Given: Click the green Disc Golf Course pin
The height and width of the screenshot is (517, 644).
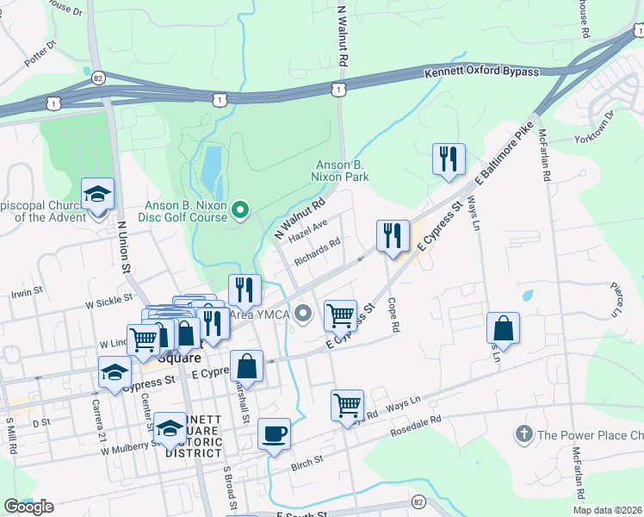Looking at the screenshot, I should [241, 208].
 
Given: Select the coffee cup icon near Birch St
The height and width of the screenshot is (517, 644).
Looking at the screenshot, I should [274, 433].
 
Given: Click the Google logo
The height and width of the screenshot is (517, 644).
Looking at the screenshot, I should [28, 507].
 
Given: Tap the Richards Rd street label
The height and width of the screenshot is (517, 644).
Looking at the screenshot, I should [317, 251].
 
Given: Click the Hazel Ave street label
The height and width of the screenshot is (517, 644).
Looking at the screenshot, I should [308, 230].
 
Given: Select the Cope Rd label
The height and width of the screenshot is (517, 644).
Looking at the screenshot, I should [393, 315].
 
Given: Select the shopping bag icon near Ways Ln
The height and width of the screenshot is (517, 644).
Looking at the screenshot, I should [503, 328].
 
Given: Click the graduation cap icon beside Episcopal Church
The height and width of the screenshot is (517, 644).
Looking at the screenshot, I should [97, 193].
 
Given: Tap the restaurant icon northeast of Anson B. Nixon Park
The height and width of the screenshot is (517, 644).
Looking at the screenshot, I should [449, 159].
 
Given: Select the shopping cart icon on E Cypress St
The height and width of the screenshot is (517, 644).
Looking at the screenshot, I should [340, 315].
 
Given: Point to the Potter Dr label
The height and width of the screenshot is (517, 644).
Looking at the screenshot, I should [40, 54].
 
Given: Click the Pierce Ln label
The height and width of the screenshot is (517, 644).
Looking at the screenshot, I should [616, 298].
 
